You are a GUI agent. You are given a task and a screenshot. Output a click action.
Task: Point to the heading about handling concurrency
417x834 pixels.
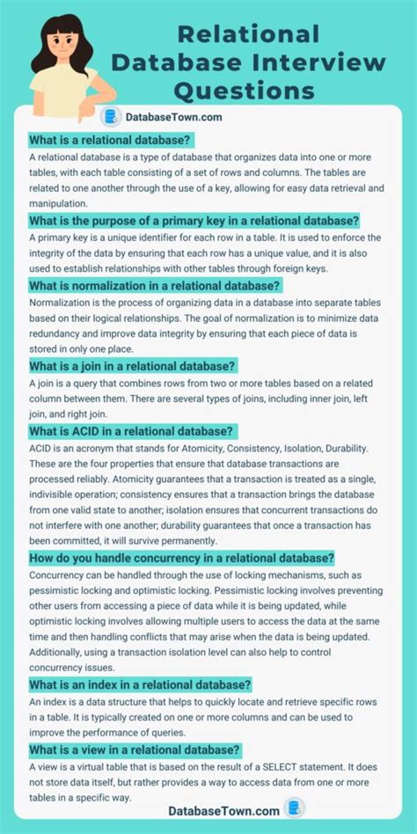coord(181,557)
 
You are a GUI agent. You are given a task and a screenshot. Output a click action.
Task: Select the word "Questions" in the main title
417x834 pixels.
coord(244,91)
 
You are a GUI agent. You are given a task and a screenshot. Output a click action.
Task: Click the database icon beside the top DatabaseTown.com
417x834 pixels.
coord(111,116)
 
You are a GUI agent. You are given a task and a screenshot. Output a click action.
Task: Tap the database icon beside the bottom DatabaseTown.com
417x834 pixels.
coord(294,808)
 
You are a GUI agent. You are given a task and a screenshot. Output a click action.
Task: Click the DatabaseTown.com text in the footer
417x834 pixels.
coord(223,809)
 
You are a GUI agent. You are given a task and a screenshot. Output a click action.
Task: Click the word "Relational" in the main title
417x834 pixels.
coord(249,34)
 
